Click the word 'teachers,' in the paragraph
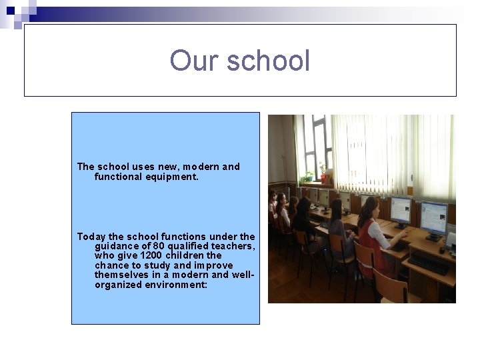(233, 246)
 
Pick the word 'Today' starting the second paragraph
(91, 236)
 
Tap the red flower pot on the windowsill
(324, 178)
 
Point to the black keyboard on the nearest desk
(427, 263)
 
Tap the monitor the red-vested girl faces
(401, 210)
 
